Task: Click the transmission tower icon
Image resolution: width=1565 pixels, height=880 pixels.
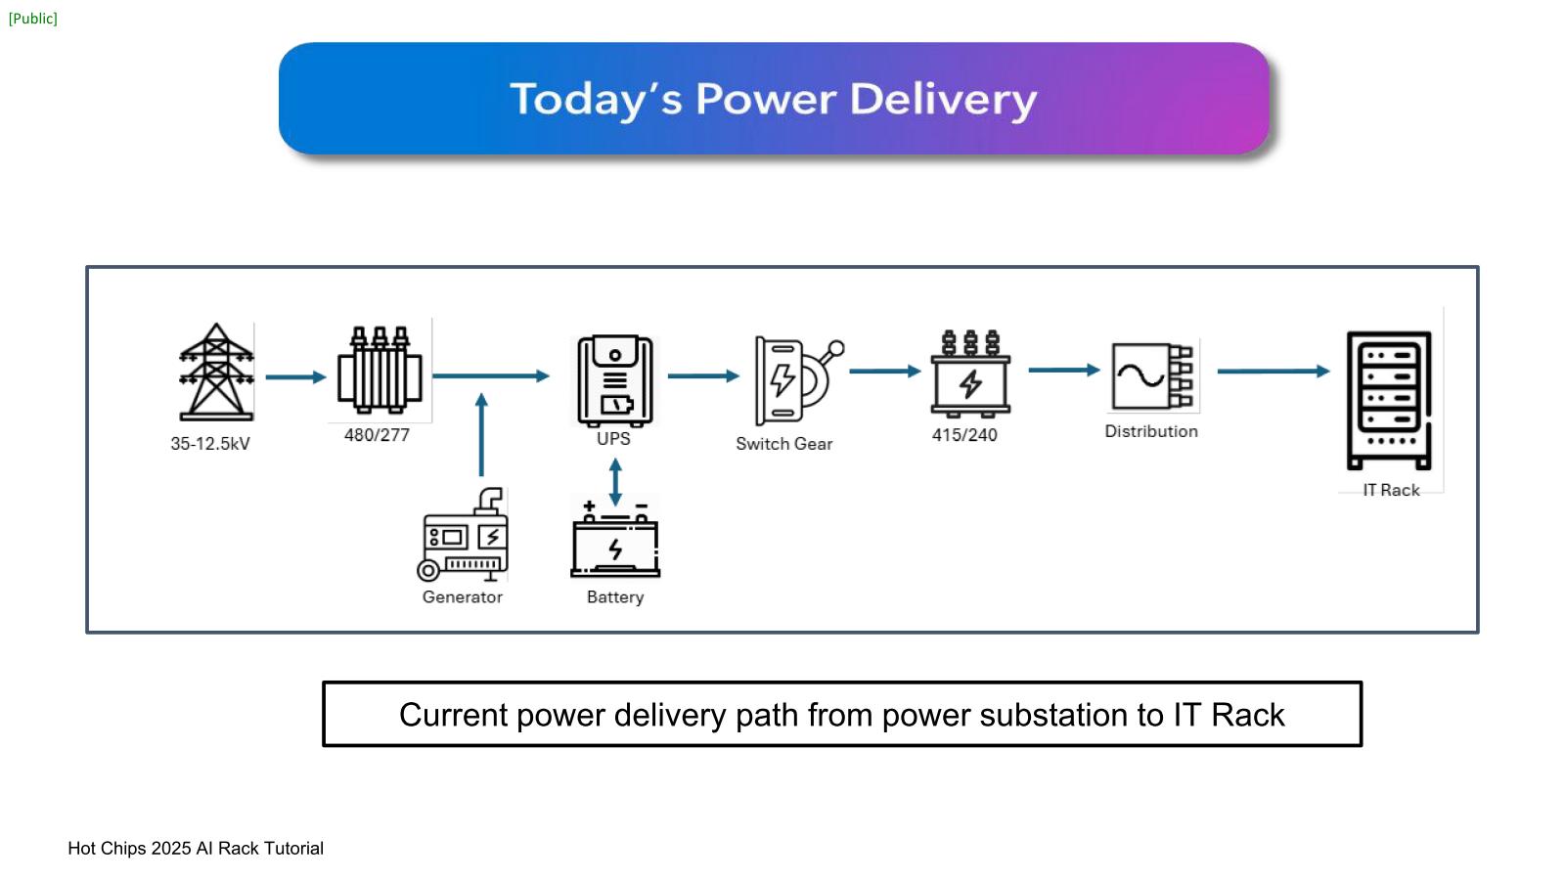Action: coord(216,373)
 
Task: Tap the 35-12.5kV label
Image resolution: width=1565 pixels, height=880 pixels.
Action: coord(210,444)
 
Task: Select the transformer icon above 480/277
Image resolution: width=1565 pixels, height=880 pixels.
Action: coord(380,371)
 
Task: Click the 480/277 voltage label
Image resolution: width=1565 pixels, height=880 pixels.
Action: coord(377,435)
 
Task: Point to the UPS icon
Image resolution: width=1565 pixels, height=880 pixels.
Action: coord(614,380)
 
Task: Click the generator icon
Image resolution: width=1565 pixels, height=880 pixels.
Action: coord(465,535)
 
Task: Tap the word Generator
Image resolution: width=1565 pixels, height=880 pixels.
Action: coord(463,597)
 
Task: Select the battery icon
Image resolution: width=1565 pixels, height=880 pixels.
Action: coord(615,540)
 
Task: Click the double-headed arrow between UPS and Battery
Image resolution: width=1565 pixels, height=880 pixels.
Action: coord(615,482)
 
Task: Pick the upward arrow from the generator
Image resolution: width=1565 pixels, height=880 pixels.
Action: coord(481,435)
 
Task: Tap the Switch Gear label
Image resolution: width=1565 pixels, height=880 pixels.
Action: coord(784,444)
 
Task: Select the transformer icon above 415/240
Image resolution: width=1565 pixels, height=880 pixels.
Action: coord(969,374)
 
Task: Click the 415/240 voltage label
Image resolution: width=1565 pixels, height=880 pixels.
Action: coord(964,435)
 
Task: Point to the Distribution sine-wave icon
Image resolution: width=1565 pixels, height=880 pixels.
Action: coord(1152,376)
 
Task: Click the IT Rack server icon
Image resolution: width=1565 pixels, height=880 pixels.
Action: coord(1389,400)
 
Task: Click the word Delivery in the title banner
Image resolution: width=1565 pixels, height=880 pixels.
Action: coord(943,100)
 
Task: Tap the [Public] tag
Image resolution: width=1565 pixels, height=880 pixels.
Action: coord(33,19)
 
